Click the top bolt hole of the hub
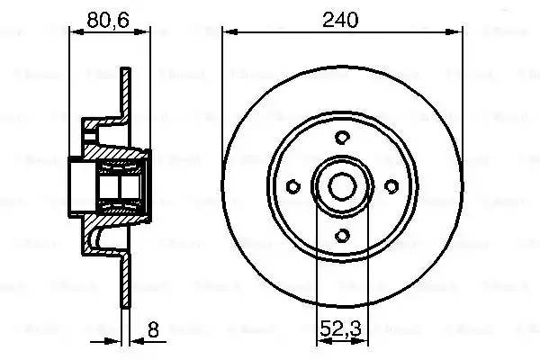[x=341, y=137]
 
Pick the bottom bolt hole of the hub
[x=341, y=236]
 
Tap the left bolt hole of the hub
[x=292, y=186]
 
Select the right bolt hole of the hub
[x=391, y=186]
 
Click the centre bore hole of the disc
[x=341, y=186]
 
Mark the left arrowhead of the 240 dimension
[x=228, y=31]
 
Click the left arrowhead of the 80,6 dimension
[x=75, y=31]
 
